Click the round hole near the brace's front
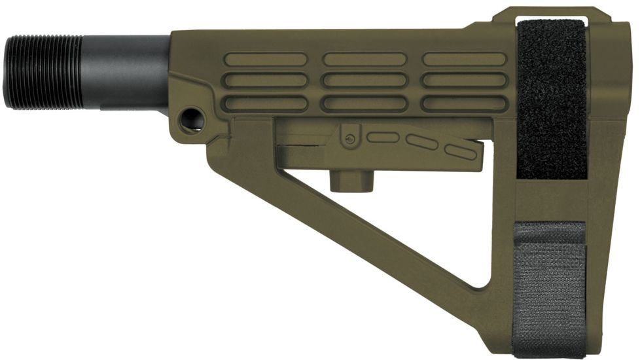pos(192,119)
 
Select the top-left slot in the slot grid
pos(266,60)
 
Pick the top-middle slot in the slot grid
pos(364,60)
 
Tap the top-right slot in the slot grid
pos(464,60)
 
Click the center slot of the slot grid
pos(364,81)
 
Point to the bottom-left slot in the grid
pos(266,103)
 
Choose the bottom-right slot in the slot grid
pos(464,103)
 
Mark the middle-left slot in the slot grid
pos(266,81)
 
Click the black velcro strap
pos(551,98)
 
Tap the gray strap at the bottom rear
pos(548,281)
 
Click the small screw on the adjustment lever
pos(351,139)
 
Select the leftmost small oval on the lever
pos(382,137)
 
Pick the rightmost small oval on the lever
pos(461,152)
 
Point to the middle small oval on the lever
pos(422,141)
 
